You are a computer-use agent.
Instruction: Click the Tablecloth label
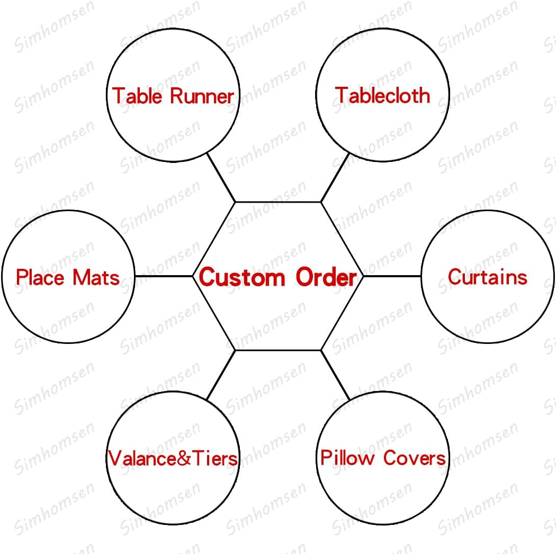382,95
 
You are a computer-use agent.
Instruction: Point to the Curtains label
487,277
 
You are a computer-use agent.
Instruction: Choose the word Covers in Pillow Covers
414,458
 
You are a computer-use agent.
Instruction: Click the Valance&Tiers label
173,458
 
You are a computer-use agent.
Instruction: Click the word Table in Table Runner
138,96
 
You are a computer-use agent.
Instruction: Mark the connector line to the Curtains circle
392,276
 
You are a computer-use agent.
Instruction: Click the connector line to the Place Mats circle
164,276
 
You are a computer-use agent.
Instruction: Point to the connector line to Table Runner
221,177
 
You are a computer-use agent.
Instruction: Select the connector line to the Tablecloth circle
335,177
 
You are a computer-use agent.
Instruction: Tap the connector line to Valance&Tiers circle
221,375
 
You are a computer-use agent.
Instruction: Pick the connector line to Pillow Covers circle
335,375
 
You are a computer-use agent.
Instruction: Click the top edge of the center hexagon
278,202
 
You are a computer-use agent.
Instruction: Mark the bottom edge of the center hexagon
278,350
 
